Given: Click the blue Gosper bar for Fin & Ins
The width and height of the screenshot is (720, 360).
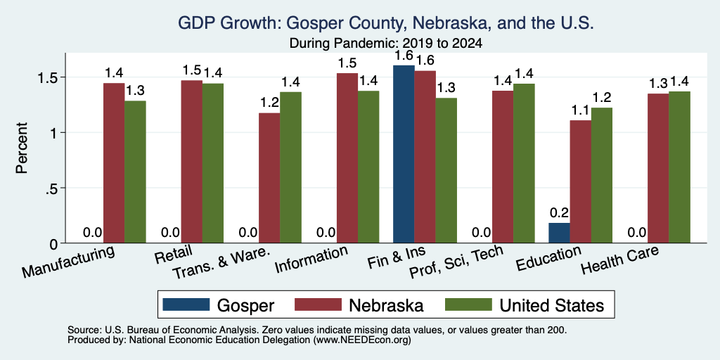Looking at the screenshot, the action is tap(404, 154).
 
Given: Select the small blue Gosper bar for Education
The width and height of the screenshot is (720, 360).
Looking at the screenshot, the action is tap(559, 233).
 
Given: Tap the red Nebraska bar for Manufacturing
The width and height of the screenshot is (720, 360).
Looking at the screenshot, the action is tap(114, 163).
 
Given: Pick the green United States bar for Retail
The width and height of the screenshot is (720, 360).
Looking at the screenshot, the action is tap(213, 163).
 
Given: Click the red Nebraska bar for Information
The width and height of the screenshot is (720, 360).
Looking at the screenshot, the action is tap(347, 158).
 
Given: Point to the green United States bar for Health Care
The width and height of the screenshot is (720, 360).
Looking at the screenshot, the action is tap(680, 167).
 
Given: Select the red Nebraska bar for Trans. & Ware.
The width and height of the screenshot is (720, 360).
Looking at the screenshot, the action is tap(269, 178).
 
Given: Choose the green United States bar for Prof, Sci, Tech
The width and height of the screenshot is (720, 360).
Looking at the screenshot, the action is tap(524, 163).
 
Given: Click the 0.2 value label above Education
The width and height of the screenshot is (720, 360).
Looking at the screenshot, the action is tap(559, 212).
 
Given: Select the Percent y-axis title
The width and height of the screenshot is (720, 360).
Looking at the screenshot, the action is tap(22, 148).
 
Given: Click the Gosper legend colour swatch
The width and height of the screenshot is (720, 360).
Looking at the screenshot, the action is tap(186, 304).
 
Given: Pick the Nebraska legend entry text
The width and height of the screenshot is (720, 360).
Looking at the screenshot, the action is tap(386, 305).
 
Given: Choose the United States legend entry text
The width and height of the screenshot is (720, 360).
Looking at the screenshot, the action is tap(551, 305).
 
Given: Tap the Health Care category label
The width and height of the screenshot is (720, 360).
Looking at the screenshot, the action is tap(619, 260).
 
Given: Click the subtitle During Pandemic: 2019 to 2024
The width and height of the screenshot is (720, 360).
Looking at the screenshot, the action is tap(386, 44).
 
